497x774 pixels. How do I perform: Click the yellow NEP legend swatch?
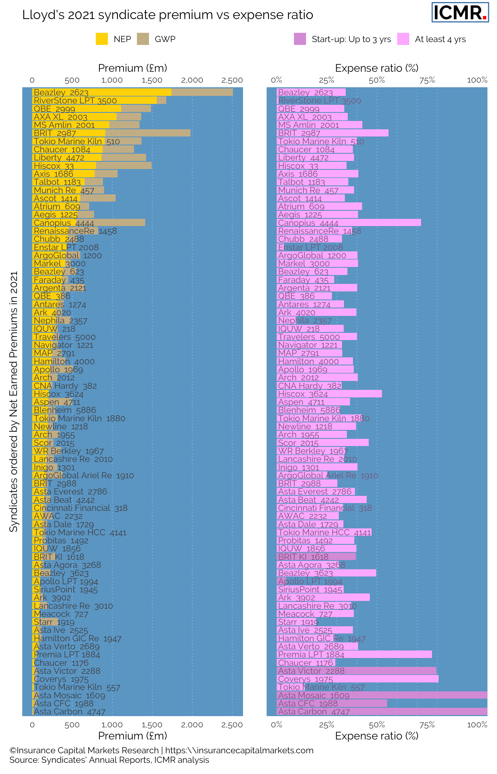(102, 39)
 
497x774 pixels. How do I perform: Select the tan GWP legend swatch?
(143, 39)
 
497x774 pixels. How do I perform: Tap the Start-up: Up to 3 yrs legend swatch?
(299, 39)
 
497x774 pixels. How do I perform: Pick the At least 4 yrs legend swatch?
(403, 39)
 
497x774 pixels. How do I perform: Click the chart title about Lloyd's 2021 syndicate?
(167, 15)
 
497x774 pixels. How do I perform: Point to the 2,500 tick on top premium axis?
(232, 80)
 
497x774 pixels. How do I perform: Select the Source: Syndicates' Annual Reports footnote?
(109, 760)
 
